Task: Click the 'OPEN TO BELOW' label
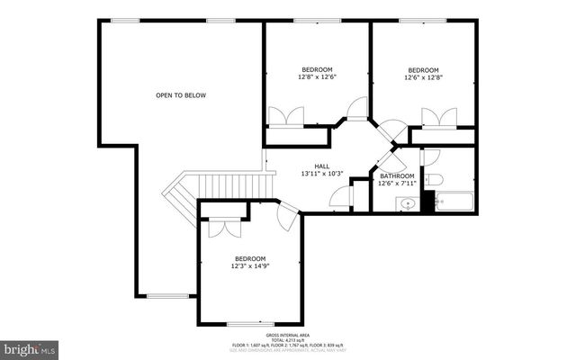[x=181, y=94]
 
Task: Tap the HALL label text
[x=321, y=166]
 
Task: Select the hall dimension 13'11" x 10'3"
[x=321, y=174]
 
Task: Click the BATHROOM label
[x=397, y=175]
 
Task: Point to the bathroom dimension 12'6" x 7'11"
[x=397, y=184]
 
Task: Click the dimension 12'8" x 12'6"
[x=317, y=77]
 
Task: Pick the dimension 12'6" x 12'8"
[x=423, y=77]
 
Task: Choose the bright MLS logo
[x=30, y=346]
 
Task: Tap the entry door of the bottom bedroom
[x=288, y=215]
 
